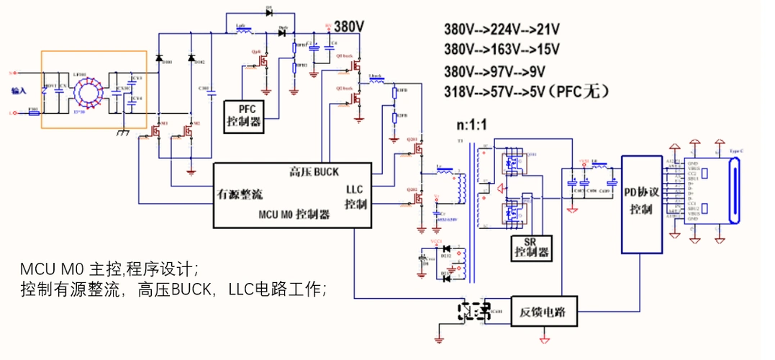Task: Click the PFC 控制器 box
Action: (245, 115)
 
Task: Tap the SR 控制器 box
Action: (531, 248)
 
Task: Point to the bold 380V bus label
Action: (349, 27)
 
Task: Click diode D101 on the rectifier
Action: (159, 58)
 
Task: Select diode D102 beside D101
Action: (191, 58)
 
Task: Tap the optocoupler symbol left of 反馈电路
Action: (475, 311)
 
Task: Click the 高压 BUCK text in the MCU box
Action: (314, 172)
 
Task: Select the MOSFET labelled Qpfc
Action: (263, 65)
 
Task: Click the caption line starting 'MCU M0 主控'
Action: (109, 269)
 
